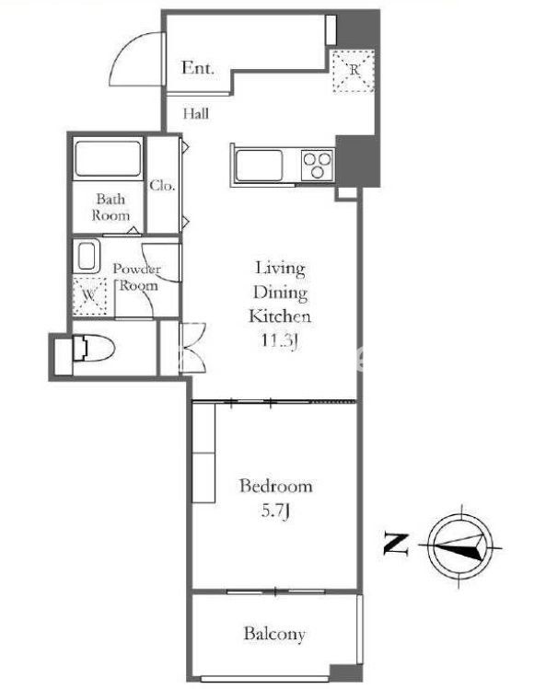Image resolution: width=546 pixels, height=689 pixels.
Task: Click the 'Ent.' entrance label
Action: [x=198, y=68]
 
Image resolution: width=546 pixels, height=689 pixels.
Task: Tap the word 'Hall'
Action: [x=196, y=113]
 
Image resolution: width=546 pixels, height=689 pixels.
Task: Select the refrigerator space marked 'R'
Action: [x=353, y=71]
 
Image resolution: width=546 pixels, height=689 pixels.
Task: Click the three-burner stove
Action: [x=318, y=165]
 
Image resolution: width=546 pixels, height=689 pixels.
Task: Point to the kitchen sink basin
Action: [x=259, y=166]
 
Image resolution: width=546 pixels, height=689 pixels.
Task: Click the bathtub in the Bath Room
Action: [x=109, y=158]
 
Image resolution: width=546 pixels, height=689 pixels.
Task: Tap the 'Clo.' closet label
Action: [x=162, y=186]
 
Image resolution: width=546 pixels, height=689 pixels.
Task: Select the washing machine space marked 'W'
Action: [x=89, y=295]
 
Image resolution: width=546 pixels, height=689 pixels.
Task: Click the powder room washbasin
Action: [x=87, y=256]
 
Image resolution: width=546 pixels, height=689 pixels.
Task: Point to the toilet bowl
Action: [x=94, y=348]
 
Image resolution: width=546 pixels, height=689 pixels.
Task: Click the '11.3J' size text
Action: [x=280, y=340]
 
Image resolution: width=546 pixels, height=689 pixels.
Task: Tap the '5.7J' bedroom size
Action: [x=275, y=511]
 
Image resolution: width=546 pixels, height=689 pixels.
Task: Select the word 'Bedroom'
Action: [x=276, y=486]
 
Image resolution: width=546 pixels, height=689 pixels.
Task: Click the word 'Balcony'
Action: [x=274, y=634]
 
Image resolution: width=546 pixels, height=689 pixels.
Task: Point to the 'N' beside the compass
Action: [x=396, y=544]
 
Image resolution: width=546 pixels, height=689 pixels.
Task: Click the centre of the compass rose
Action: [x=460, y=546]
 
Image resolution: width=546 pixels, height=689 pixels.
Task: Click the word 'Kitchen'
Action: [x=280, y=316]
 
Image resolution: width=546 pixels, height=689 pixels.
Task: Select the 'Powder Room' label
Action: [x=136, y=277]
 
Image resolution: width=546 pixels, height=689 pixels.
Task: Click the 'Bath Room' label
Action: [x=110, y=207]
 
